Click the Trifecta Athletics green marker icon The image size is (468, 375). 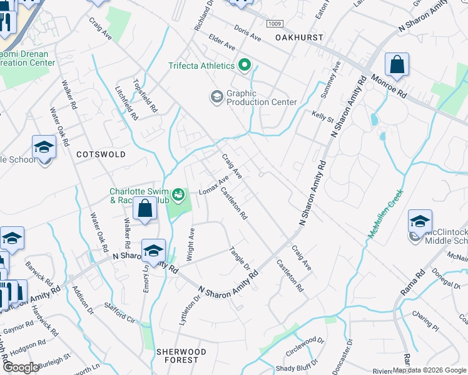click(x=244, y=66)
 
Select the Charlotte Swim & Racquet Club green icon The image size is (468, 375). click(x=180, y=195)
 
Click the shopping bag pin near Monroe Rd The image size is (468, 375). click(x=397, y=65)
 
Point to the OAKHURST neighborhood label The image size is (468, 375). click(x=299, y=37)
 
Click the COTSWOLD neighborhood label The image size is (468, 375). click(x=100, y=154)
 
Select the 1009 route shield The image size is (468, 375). click(x=275, y=24)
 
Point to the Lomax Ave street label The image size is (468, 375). click(x=213, y=186)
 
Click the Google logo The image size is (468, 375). click(x=21, y=367)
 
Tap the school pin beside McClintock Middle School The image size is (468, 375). click(x=420, y=222)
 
